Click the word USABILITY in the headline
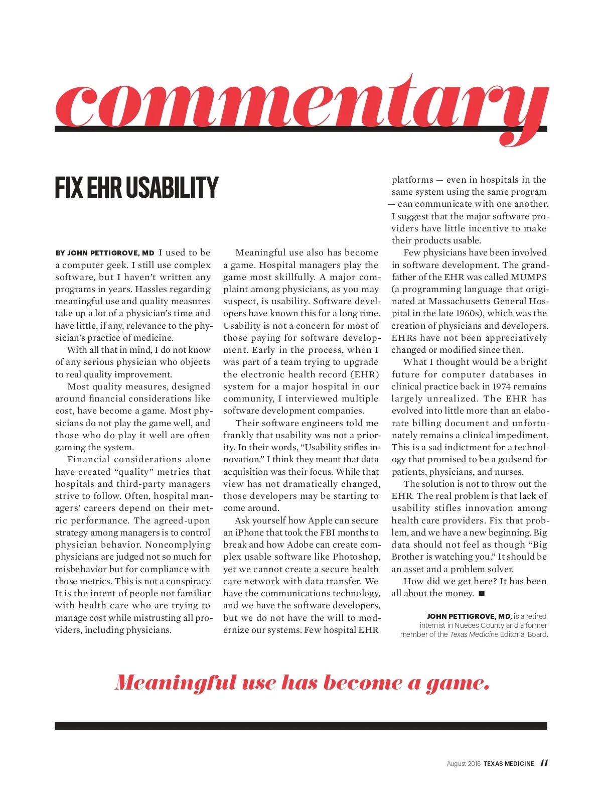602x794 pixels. [x=172, y=188]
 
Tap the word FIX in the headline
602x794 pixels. [x=69, y=188]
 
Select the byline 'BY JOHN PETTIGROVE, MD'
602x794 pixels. [x=105, y=253]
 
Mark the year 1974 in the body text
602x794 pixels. [x=502, y=386]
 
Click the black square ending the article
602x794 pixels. [x=482, y=594]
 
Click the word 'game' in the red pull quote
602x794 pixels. [x=457, y=684]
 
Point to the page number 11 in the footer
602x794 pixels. [x=544, y=763]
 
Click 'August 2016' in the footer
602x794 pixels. [x=464, y=764]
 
